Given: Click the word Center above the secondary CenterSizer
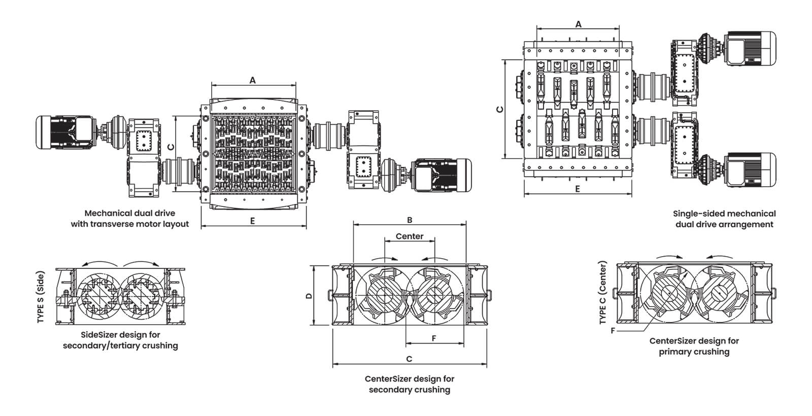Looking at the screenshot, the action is (409, 236).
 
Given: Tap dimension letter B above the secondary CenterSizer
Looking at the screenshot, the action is (410, 220).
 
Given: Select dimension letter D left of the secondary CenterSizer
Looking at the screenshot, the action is (309, 296).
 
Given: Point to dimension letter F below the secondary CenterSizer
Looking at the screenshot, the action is (434, 338).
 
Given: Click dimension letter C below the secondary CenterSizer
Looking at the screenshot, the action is (409, 359).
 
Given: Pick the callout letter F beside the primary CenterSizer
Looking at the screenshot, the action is (613, 330).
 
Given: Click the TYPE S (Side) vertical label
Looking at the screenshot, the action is (41, 297).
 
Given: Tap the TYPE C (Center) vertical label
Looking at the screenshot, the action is (603, 293).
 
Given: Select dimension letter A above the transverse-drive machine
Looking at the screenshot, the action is (253, 80).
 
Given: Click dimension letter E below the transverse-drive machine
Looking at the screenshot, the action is (253, 221).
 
